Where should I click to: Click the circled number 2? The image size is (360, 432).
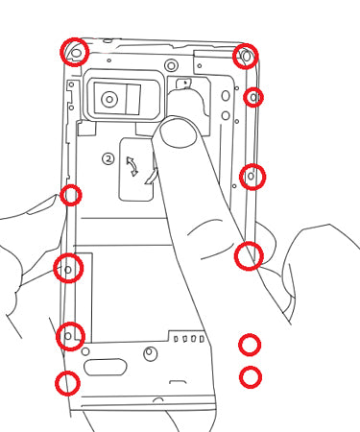[108, 158]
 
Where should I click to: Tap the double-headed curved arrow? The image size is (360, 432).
[132, 166]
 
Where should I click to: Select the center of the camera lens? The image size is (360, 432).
[109, 100]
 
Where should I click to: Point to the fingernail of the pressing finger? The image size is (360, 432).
[179, 133]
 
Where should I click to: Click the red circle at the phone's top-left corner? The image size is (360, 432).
[74, 52]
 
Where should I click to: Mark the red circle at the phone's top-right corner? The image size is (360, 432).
[246, 57]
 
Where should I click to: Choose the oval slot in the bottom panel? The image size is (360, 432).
[105, 367]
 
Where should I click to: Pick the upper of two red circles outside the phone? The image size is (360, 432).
[250, 345]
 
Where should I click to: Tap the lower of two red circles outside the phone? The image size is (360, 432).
[251, 377]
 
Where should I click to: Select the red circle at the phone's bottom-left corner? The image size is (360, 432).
[67, 383]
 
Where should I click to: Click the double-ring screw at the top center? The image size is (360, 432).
[171, 66]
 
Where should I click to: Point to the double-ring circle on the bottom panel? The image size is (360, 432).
[150, 353]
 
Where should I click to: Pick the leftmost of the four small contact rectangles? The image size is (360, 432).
[176, 339]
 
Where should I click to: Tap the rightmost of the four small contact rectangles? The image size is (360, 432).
[202, 339]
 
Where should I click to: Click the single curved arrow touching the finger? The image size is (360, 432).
[152, 177]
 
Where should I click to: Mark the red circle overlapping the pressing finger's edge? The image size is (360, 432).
[249, 256]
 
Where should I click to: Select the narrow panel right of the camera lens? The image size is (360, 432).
[133, 99]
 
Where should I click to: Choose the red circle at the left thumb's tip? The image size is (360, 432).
[71, 195]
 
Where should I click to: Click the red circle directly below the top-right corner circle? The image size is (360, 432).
[253, 97]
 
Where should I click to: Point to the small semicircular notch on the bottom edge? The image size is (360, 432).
[158, 400]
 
